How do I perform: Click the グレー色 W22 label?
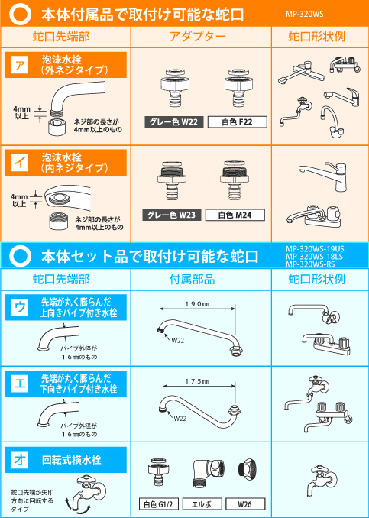tap(173, 121)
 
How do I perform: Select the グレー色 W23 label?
tap(173, 215)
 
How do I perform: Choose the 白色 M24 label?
tap(236, 215)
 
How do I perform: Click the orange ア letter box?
tap(18, 66)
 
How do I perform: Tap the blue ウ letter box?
tap(18, 307)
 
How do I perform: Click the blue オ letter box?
tap(18, 459)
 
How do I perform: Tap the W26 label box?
tap(246, 504)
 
